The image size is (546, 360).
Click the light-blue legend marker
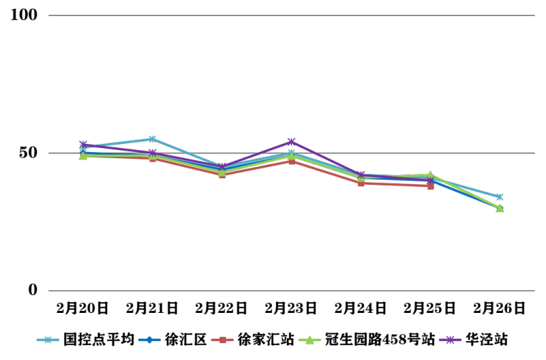[x=48, y=340]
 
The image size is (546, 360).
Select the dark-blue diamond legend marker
[x=149, y=340]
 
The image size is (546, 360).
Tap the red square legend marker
[x=222, y=340]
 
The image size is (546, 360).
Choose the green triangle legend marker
[x=309, y=340]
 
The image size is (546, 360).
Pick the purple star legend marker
[x=450, y=340]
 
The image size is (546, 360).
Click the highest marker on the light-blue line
[x=152, y=139]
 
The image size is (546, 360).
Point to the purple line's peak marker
[x=292, y=142]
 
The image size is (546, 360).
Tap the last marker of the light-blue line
[x=500, y=197]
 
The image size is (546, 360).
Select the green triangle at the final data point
[x=500, y=209]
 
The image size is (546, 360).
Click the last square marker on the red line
[x=430, y=186]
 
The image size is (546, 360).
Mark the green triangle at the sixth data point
[x=430, y=175]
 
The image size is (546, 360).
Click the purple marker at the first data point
[x=83, y=145]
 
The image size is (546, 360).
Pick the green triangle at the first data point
[x=83, y=155]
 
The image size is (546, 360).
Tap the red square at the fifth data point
[x=361, y=183]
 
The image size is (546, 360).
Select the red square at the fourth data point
[x=292, y=161]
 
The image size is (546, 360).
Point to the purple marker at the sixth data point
[x=430, y=179]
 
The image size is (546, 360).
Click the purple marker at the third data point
[x=222, y=167]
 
